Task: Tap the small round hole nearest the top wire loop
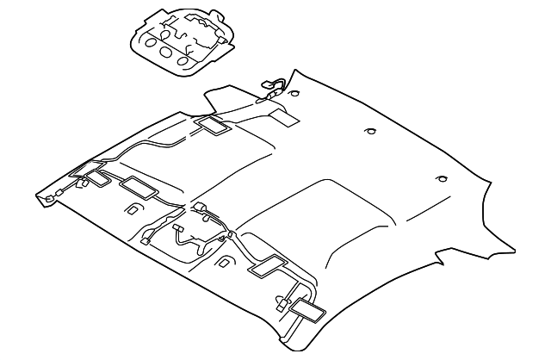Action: [x=295, y=92]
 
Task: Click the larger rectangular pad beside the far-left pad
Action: [x=136, y=185]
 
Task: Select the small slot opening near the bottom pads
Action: [x=226, y=261]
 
